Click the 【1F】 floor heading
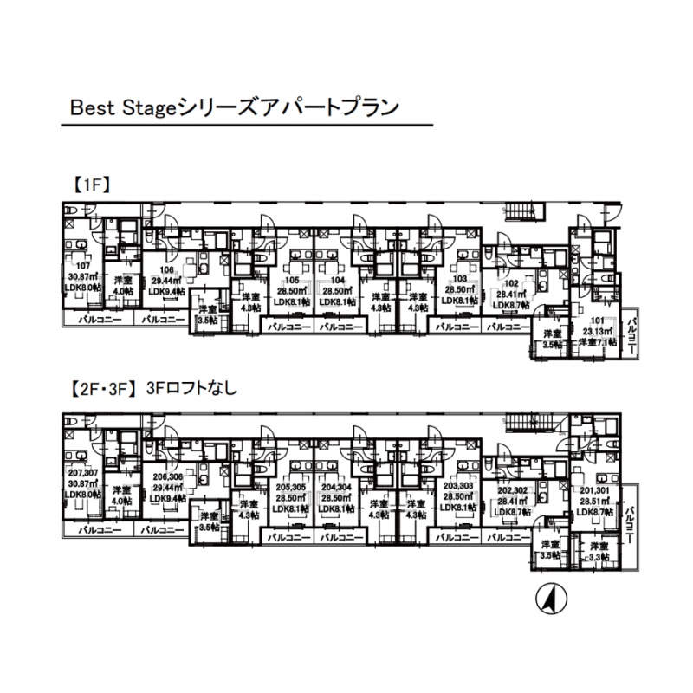[87, 184]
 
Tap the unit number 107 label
[83, 266]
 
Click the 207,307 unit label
[84, 473]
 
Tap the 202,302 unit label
[510, 489]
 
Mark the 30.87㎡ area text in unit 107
[84, 276]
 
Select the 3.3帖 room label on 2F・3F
[596, 557]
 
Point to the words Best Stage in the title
[122, 108]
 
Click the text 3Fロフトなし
[192, 389]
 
